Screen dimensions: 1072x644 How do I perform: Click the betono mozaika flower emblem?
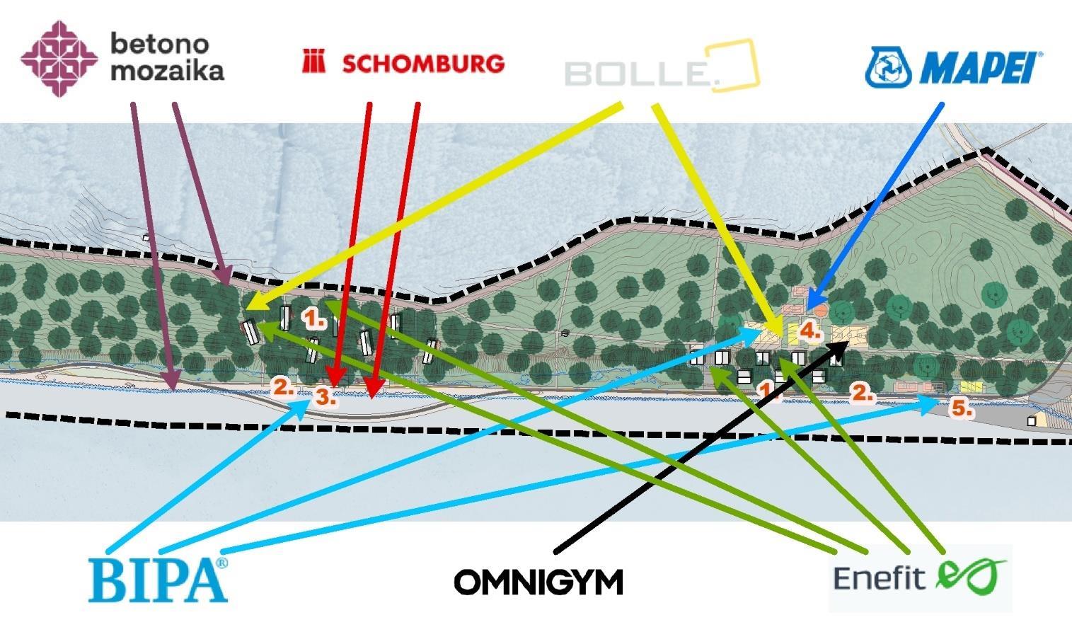[x=59, y=58]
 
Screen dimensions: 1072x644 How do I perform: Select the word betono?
[x=160, y=44]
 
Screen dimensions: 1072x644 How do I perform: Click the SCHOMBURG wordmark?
[x=423, y=64]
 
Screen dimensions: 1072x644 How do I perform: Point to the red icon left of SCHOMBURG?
[x=313, y=62]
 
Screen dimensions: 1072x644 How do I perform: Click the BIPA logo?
[x=157, y=580]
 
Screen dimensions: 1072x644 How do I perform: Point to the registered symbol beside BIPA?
[x=222, y=563]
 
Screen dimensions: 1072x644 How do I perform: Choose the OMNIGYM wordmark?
[x=538, y=582]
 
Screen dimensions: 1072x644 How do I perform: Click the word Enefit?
[x=880, y=577]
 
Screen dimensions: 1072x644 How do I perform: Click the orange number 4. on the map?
[x=809, y=330]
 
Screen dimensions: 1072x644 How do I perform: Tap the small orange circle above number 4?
[x=820, y=310]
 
